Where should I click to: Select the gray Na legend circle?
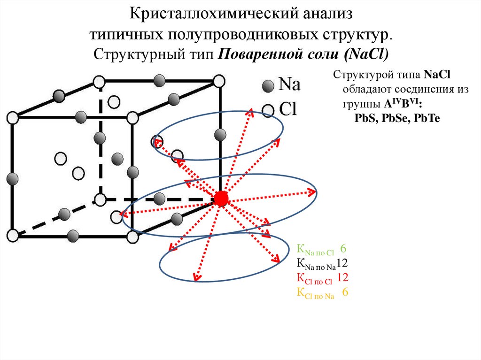point(268,86)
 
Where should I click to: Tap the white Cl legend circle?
point(268,111)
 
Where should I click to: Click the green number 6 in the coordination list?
point(343,248)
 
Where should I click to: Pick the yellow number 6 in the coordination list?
point(345,292)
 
